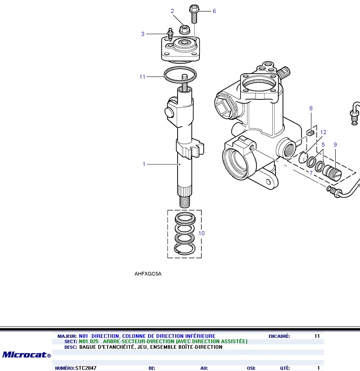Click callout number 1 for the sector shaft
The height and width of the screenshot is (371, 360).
144,164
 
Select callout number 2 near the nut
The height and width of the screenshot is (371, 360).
172,11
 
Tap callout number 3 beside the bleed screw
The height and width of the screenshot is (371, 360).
143,34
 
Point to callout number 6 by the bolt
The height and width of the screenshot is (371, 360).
214,11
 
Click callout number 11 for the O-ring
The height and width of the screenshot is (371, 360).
142,77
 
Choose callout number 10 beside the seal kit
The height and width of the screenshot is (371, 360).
202,233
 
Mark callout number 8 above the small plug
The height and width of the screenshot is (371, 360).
311,108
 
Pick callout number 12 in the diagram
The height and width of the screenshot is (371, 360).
323,132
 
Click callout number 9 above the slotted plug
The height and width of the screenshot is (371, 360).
335,144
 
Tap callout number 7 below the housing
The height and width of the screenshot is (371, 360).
311,173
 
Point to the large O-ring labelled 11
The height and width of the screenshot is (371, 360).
180,75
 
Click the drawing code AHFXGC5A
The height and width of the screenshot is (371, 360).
148,274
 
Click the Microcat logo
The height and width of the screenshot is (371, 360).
26,355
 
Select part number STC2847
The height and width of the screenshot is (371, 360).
86,368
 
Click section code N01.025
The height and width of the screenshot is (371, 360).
89,341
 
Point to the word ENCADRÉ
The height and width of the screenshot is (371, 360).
279,336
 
